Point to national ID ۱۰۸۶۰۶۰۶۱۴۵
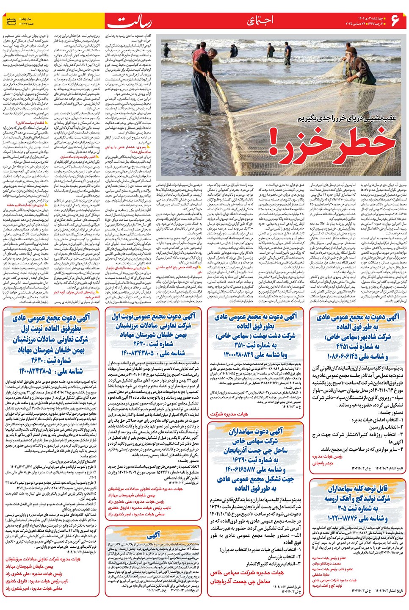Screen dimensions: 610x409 click(x=352, y=357)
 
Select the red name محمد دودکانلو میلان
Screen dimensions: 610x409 click(x=326, y=563)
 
